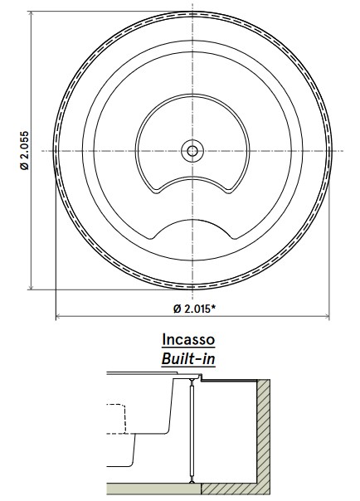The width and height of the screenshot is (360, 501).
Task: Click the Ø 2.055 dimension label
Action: (x=26, y=150)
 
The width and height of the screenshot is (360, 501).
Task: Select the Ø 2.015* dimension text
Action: (x=197, y=309)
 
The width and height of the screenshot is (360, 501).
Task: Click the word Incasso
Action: (x=189, y=340)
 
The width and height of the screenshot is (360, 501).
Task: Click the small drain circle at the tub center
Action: (x=192, y=150)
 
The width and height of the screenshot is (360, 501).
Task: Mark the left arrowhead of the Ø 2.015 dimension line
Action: (x=58, y=317)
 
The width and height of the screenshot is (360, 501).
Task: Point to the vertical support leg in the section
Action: (x=192, y=431)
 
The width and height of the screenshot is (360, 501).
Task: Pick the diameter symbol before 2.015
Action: (x=177, y=309)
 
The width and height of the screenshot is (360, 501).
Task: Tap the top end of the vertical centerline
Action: (x=192, y=7)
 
